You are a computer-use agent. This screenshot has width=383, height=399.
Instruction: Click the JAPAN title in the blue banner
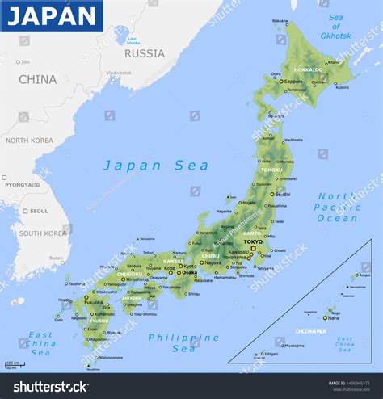[52, 15]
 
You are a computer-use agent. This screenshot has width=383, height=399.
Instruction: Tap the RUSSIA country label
[145, 53]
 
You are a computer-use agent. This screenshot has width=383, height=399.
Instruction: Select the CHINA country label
[38, 79]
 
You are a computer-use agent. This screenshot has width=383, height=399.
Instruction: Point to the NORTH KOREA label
[29, 141]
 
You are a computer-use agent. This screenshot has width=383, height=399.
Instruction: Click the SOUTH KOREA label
[43, 233]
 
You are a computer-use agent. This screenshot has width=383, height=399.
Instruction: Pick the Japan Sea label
[156, 166]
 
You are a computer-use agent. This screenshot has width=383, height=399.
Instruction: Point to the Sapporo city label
[294, 82]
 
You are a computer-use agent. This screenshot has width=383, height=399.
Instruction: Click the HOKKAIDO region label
[308, 69]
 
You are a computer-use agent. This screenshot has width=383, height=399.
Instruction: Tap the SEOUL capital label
[38, 211]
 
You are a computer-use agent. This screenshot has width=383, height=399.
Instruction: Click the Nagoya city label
[213, 262]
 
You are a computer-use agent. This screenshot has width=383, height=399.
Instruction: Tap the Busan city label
[56, 258]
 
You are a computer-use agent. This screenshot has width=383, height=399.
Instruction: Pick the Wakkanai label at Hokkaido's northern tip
[280, 20]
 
